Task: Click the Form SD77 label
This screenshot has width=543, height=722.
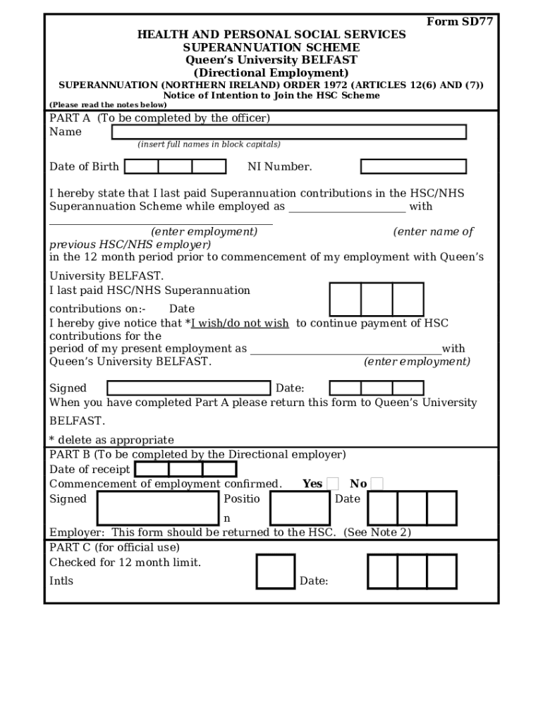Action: (459, 21)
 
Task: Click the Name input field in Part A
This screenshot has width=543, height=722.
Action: (288, 132)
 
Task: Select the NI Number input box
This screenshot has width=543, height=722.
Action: (413, 166)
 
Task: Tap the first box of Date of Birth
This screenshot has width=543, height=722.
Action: (141, 166)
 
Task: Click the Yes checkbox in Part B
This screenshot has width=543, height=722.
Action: (333, 484)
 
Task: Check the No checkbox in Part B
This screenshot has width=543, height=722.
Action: (377, 484)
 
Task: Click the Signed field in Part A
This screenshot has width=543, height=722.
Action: (188, 388)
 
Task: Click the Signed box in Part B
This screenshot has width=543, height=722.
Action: (158, 508)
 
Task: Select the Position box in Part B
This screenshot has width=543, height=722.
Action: (300, 508)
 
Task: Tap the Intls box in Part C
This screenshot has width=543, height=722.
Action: (275, 571)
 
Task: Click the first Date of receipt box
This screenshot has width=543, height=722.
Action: (152, 470)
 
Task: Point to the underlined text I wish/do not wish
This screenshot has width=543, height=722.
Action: (240, 324)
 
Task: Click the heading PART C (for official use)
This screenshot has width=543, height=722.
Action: (114, 547)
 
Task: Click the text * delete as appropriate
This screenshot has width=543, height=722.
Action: (111, 440)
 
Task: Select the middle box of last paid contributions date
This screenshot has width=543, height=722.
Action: (377, 299)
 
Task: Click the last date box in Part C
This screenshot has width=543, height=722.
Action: (441, 571)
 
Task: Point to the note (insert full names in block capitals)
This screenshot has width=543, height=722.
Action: (209, 145)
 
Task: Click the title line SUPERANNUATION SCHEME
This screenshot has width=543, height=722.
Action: (271, 47)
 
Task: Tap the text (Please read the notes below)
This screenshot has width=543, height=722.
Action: (108, 105)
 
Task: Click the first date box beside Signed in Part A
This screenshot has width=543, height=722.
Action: (346, 388)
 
